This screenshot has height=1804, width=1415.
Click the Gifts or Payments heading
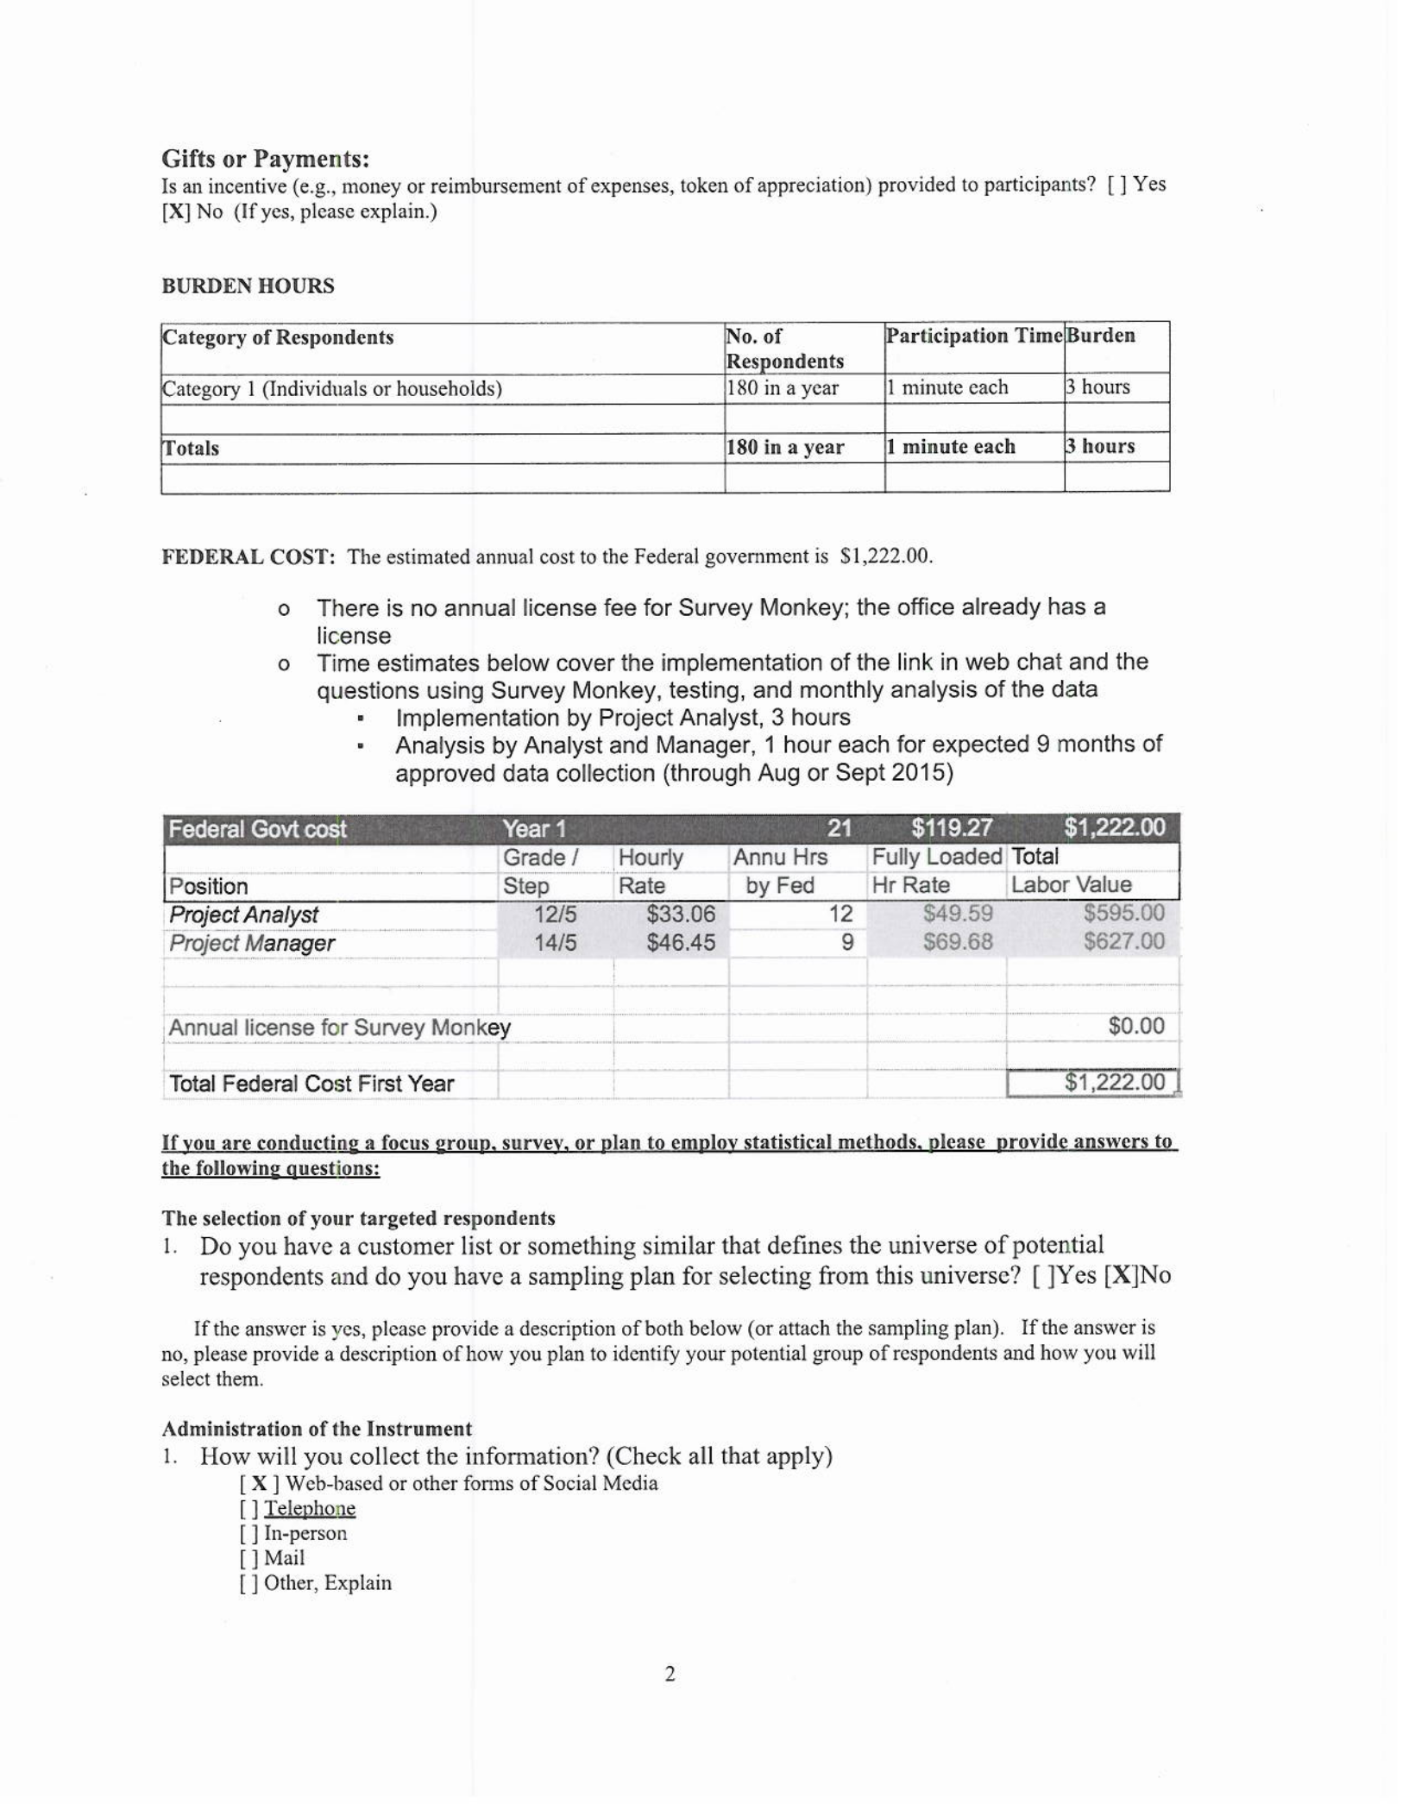coord(266,160)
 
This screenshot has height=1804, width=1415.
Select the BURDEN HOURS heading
coord(248,286)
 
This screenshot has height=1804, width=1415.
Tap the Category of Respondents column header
coord(278,337)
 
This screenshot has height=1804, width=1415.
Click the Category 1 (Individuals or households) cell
coord(332,389)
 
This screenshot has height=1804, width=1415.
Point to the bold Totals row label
coord(191,449)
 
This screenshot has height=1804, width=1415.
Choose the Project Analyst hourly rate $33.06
coord(681,915)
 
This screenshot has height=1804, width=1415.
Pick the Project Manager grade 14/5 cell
coord(555,943)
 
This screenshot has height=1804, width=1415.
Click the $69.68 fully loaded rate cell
coord(958,942)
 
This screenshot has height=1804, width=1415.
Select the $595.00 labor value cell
coord(1123,913)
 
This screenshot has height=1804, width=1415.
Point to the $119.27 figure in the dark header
coord(952,829)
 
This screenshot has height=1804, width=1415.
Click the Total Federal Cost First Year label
coord(311,1084)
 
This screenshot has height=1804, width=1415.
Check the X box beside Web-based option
coord(258,1484)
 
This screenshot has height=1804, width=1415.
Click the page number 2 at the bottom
coord(670,1675)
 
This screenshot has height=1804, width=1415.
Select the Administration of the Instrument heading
coord(317,1429)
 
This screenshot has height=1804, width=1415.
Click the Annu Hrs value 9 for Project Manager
coord(846,943)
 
